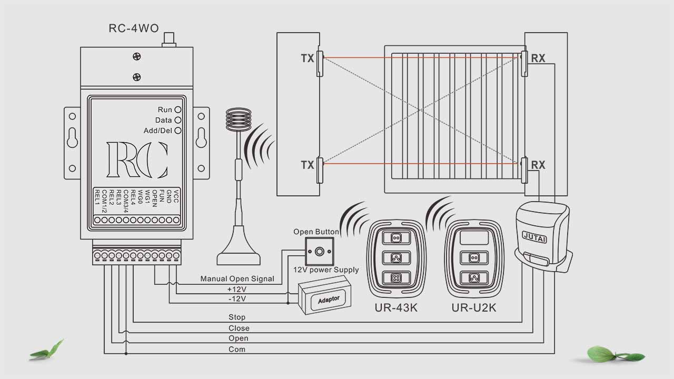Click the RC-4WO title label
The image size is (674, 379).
133,28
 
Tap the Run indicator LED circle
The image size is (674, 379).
178,109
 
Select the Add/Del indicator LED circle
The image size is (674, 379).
178,131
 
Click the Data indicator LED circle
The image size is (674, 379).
178,120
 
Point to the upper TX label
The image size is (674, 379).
307,58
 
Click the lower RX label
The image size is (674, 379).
538,165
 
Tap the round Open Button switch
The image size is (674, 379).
319,251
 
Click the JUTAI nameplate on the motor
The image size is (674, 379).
534,237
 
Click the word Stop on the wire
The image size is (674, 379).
237,317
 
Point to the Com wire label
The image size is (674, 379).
237,349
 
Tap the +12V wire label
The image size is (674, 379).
236,290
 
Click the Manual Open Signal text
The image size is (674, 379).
237,278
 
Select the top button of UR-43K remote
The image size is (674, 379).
397,238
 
